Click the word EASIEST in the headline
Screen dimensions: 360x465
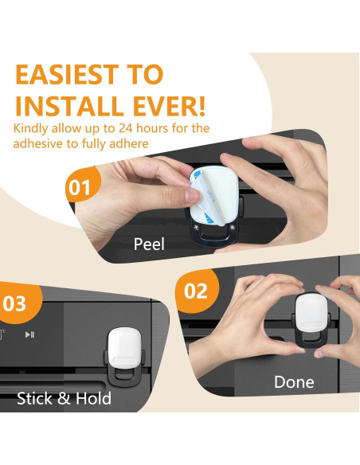point(67,74)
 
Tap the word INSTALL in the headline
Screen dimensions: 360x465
point(69,106)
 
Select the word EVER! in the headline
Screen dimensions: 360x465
point(169,106)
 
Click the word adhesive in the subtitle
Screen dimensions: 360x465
point(38,143)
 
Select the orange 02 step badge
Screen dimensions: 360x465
point(197,291)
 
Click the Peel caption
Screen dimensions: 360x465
point(149,244)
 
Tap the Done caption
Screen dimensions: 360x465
point(294,382)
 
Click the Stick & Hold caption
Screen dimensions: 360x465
point(64,398)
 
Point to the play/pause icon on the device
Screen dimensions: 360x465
point(29,334)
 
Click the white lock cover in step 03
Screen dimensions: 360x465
point(124,348)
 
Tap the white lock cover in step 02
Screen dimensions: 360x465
point(312,313)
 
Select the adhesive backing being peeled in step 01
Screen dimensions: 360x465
point(213,196)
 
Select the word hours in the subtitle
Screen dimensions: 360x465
point(152,128)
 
